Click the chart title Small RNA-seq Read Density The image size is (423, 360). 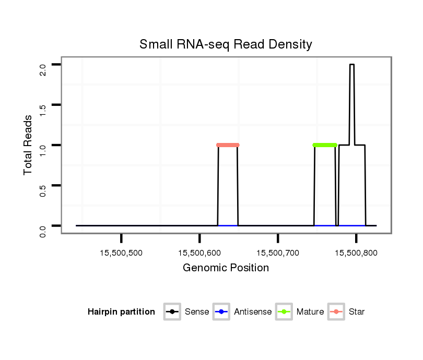pyautogui.click(x=226, y=44)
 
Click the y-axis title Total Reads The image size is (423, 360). pyautogui.click(x=29, y=145)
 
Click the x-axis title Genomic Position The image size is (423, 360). pyautogui.click(x=226, y=268)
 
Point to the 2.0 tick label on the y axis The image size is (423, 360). pyautogui.click(x=43, y=69)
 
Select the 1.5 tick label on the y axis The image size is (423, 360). pyautogui.click(x=43, y=109)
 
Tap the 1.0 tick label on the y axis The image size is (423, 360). pyautogui.click(x=43, y=149)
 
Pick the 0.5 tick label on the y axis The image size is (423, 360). pyautogui.click(x=43, y=189)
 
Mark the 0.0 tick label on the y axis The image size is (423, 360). pyautogui.click(x=43, y=230)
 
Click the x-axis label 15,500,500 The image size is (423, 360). pyautogui.click(x=121, y=253)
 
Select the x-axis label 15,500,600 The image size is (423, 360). pyautogui.click(x=199, y=253)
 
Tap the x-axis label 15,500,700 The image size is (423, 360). pyautogui.click(x=278, y=253)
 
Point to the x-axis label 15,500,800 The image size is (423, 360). pyautogui.click(x=356, y=253)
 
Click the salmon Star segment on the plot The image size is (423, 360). pyautogui.click(x=228, y=145)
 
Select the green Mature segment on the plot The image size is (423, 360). pyautogui.click(x=325, y=145)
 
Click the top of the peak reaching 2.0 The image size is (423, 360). pyautogui.click(x=352, y=65)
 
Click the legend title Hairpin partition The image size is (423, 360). pyautogui.click(x=121, y=312)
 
